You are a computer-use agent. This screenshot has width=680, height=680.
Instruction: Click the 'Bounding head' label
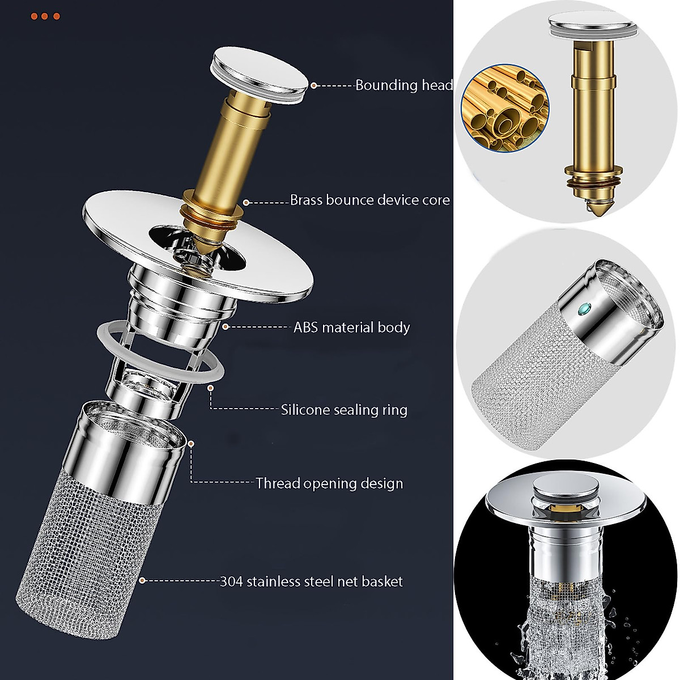pyautogui.click(x=404, y=85)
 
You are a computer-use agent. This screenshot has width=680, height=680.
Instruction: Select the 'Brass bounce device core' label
pyautogui.click(x=369, y=200)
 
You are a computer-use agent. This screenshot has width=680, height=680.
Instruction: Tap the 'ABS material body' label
pyautogui.click(x=351, y=327)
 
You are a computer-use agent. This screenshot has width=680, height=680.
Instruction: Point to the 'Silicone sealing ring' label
pyautogui.click(x=344, y=409)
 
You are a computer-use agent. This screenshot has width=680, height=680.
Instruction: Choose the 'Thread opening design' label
pyautogui.click(x=329, y=483)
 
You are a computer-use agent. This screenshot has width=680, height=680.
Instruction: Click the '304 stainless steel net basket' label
pyautogui.click(x=311, y=581)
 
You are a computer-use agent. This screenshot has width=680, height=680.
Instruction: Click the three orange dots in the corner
pyautogui.click(x=45, y=16)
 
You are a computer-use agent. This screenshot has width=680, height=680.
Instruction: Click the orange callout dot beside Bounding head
pyautogui.click(x=314, y=86)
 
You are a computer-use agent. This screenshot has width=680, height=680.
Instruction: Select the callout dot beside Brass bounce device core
pyautogui.click(x=246, y=201)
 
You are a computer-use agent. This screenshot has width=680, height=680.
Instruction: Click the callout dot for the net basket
pyautogui.click(x=142, y=580)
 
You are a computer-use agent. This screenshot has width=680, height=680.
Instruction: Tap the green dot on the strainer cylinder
pyautogui.click(x=587, y=309)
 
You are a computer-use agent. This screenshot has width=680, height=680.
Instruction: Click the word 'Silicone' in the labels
pyautogui.click(x=305, y=409)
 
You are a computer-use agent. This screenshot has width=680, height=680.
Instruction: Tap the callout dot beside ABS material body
pyautogui.click(x=225, y=326)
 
